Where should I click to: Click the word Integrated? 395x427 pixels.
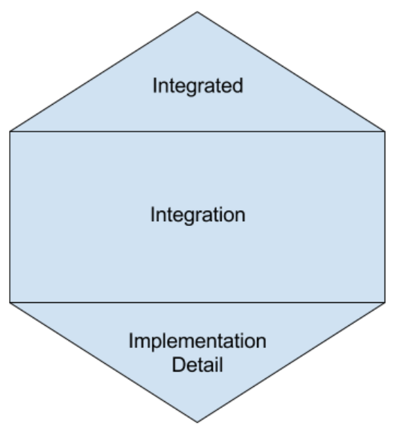pos(197,86)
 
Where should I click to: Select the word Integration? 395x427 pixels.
pos(198,215)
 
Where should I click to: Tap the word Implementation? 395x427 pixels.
pos(197,341)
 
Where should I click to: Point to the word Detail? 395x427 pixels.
pos(197,365)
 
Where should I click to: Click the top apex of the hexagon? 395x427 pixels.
pos(197,12)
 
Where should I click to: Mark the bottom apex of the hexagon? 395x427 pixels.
pos(197,422)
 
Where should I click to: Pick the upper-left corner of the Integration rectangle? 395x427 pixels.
pos(10,132)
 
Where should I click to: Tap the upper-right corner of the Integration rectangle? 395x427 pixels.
pos(385,132)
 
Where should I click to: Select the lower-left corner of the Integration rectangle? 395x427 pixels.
pos(10,302)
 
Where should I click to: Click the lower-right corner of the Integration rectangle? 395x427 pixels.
pos(385,302)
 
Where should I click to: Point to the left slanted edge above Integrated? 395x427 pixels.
pos(103,71)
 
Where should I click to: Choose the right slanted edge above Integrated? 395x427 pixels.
pos(291,71)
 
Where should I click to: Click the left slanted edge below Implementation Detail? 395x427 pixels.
pos(103,362)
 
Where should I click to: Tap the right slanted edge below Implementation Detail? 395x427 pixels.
pos(291,362)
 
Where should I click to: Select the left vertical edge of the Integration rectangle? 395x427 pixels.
pos(10,217)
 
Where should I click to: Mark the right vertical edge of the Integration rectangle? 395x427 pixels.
pos(385,217)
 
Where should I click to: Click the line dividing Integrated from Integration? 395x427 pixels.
pos(197,132)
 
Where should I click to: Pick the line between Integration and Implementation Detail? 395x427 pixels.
pos(197,302)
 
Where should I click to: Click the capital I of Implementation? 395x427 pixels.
pos(131,340)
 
